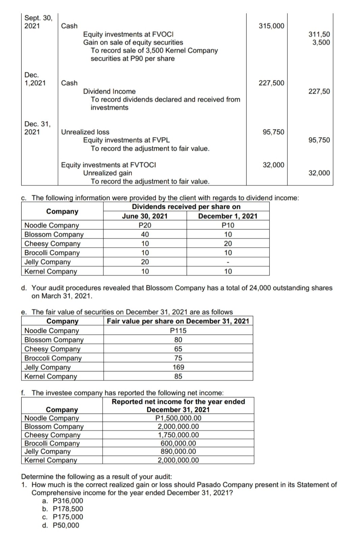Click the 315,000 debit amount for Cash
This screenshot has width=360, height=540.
[x=271, y=26]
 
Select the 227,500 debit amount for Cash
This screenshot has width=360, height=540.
[x=271, y=83]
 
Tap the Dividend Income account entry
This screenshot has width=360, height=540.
[x=109, y=91]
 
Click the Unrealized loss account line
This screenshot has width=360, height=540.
[x=85, y=132]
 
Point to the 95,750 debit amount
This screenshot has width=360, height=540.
[x=273, y=132]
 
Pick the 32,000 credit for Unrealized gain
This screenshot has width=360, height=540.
[x=319, y=173]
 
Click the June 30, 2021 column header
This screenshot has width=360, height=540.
[x=144, y=216]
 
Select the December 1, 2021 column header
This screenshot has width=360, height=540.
[x=228, y=216]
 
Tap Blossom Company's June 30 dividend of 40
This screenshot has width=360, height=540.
[x=145, y=234]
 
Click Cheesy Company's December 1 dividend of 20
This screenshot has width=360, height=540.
[x=228, y=244]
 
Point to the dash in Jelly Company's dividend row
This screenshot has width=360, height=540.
[x=228, y=262]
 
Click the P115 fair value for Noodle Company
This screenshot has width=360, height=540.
[x=178, y=331]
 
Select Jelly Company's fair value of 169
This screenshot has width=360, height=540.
[x=178, y=367]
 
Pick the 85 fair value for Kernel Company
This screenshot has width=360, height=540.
[x=178, y=376]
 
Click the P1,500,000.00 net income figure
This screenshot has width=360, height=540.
[x=178, y=418]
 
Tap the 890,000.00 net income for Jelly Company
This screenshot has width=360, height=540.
[x=178, y=452]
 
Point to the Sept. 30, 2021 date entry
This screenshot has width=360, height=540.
[x=38, y=22]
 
